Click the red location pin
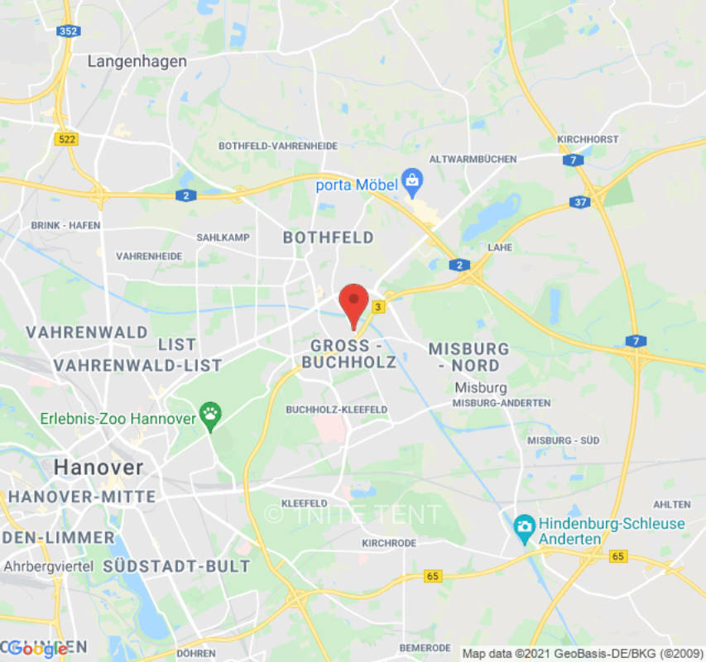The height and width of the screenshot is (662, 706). (354, 302)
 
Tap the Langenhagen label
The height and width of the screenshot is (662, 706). (137, 61)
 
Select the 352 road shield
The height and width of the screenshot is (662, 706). (68, 31)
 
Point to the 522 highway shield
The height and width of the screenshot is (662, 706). (66, 139)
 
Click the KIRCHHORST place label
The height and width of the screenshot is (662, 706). (588, 139)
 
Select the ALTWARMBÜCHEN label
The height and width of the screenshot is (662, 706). (473, 159)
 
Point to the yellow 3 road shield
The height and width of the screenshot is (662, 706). (379, 307)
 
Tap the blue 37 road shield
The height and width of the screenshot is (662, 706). (579, 202)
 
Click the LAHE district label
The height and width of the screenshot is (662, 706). (500, 247)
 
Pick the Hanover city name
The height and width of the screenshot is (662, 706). (98, 468)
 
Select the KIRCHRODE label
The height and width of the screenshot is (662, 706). (388, 543)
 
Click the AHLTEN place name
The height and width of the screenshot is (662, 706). (671, 504)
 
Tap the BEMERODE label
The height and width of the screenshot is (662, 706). (425, 648)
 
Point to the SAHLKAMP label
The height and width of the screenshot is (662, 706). (223, 237)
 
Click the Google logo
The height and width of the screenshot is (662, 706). (37, 650)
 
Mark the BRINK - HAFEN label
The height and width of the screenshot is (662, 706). (65, 225)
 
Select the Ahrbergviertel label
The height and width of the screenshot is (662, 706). (48, 567)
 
